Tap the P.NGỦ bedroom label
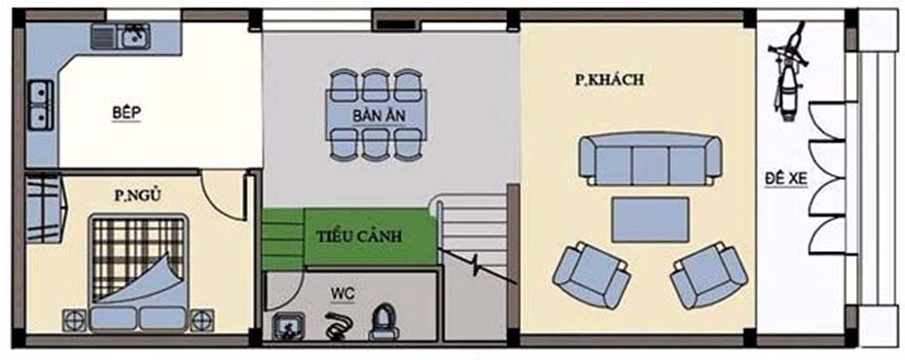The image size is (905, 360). (136, 196)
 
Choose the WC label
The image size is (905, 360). (343, 291)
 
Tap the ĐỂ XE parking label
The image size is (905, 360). (787, 181)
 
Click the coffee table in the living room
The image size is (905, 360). (650, 219)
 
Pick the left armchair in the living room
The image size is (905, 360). (590, 274)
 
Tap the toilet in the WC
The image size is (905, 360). (383, 322)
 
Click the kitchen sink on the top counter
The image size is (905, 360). (132, 37)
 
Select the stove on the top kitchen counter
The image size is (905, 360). (103, 37)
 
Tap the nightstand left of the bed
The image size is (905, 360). (73, 319)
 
